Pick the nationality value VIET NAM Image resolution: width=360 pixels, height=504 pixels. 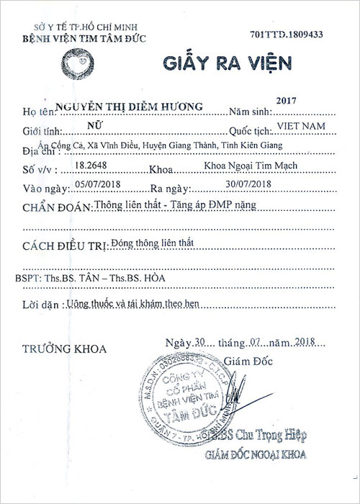pyautogui.click(x=297, y=125)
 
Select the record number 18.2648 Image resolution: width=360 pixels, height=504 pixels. pyautogui.click(x=91, y=165)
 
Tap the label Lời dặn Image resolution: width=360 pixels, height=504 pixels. pyautogui.click(x=39, y=305)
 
